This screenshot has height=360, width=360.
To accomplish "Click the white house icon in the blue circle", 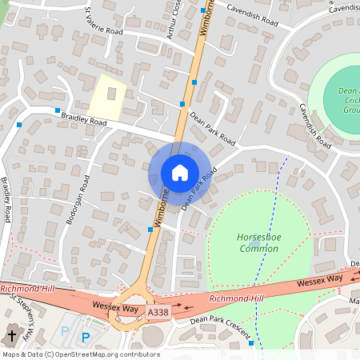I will tap(179, 173).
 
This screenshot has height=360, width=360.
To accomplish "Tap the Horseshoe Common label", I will tap(258, 243).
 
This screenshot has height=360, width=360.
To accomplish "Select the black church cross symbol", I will tap(11, 337).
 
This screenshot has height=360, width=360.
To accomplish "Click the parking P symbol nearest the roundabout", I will tap(86, 338).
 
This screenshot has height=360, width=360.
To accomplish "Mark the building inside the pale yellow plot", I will tap(110, 94).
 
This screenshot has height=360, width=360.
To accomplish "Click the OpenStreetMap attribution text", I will tap(80, 354).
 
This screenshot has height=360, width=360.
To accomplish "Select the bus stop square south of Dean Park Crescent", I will tap(251, 343).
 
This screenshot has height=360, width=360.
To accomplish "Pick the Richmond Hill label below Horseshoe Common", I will tap(235, 298).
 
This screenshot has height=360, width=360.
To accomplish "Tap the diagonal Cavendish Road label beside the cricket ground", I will tap(314, 126).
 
